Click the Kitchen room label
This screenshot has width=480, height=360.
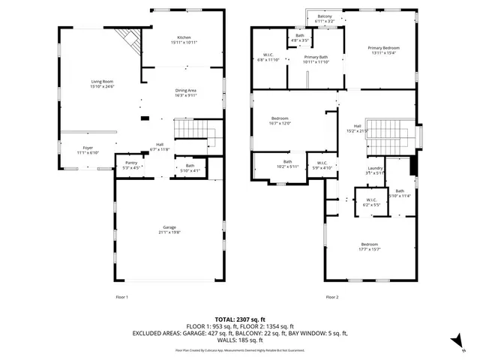click(184, 37)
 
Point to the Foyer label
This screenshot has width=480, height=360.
click(87, 148)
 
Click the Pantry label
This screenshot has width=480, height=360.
click(130, 163)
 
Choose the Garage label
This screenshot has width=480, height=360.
click(169, 227)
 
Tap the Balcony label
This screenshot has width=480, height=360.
click(325, 16)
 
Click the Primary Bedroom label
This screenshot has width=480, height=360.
click(380, 47)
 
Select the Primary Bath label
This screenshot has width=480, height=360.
click(316, 57)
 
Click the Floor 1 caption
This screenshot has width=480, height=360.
click(121, 298)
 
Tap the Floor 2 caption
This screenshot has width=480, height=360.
click(331, 298)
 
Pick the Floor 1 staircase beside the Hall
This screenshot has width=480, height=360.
click(193, 134)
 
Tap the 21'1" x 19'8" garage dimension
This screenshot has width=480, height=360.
click(169, 232)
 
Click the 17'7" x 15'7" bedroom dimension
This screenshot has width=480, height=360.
click(370, 250)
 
